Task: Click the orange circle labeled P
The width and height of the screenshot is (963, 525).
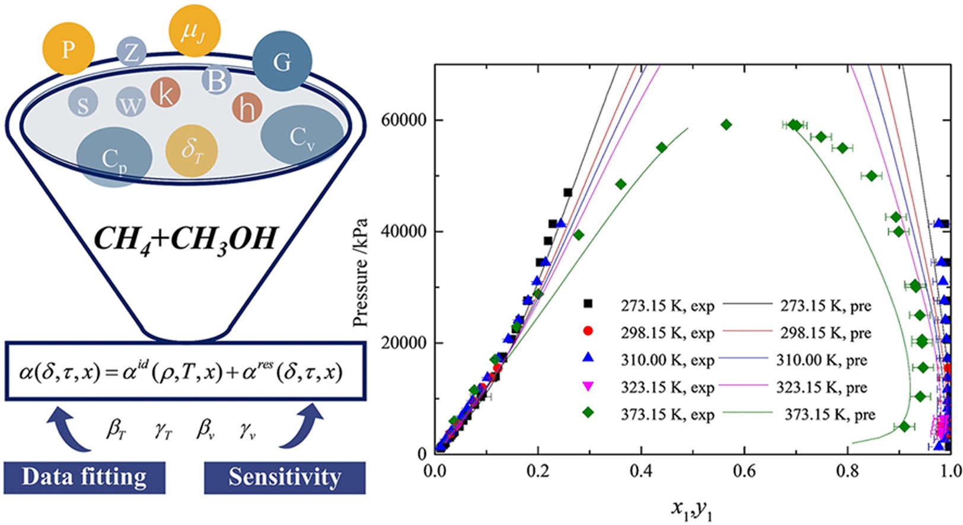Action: click(69, 49)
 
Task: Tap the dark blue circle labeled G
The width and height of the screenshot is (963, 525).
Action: click(282, 62)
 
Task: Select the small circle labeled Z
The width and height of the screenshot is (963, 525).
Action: click(131, 52)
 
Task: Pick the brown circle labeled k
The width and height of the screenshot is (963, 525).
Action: click(165, 93)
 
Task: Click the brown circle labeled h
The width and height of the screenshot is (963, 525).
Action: click(247, 108)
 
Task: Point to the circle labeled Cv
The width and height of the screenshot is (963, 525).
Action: click(302, 137)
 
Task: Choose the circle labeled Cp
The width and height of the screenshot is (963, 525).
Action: click(114, 158)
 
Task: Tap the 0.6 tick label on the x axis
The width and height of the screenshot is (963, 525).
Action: click(744, 472)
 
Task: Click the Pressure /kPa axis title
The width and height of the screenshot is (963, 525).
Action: click(360, 273)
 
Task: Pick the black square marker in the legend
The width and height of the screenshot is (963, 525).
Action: click(588, 304)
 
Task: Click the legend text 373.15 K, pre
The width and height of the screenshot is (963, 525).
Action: click(830, 415)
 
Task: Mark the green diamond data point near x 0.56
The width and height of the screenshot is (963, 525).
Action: click(726, 124)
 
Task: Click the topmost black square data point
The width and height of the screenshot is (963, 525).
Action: click(567, 192)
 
